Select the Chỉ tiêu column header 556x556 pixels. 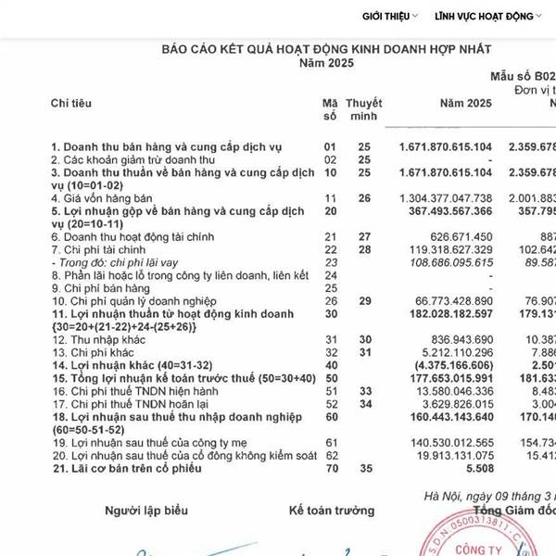click(x=71, y=101)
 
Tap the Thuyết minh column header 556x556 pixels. click(x=363, y=108)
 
